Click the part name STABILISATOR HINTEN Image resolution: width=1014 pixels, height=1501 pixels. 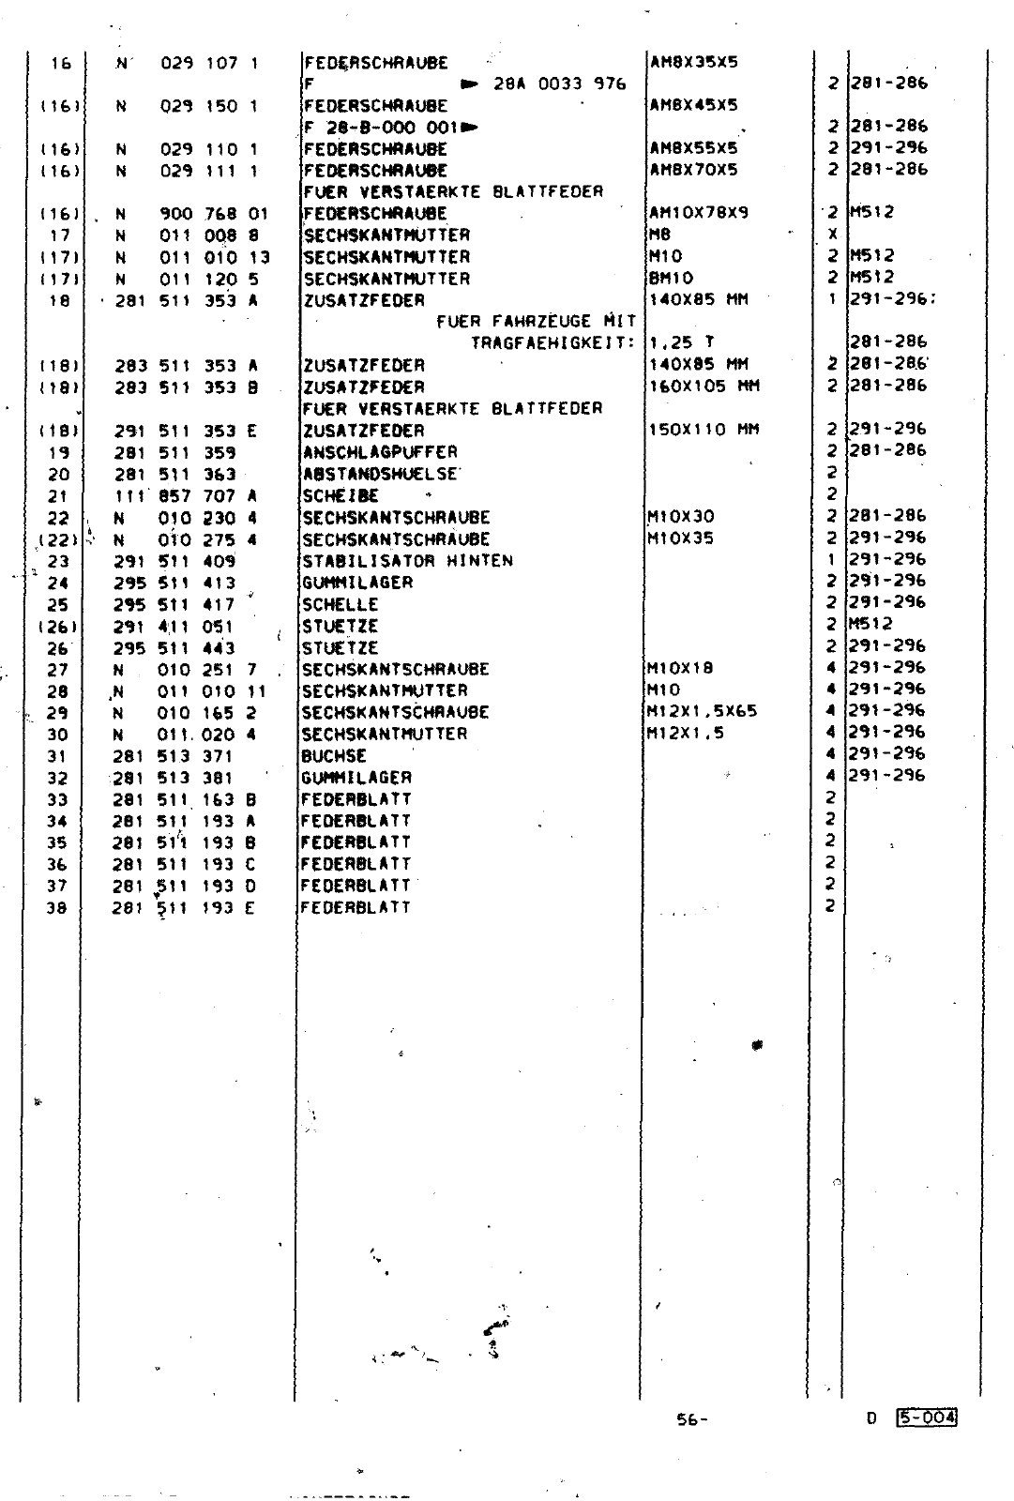407,561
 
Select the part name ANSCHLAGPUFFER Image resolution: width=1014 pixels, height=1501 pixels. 380,452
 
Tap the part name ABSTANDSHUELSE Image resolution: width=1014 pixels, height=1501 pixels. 380,475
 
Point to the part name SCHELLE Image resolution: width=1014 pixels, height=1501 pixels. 341,605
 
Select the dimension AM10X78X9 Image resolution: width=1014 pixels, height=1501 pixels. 699,213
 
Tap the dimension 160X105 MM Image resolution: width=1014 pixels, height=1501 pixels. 704,387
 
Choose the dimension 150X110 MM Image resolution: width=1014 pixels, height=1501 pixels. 704,431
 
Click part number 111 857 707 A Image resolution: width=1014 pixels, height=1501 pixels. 186,496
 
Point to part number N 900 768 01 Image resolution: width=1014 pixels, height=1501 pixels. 192,214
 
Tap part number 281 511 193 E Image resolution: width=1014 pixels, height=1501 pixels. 185,908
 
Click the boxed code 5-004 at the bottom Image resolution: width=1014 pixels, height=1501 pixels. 926,1418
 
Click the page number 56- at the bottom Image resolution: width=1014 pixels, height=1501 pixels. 692,1420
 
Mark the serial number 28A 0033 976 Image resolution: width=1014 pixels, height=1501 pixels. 560,84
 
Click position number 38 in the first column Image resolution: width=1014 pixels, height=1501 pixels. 57,908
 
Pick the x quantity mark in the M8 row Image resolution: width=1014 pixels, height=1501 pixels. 832,235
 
